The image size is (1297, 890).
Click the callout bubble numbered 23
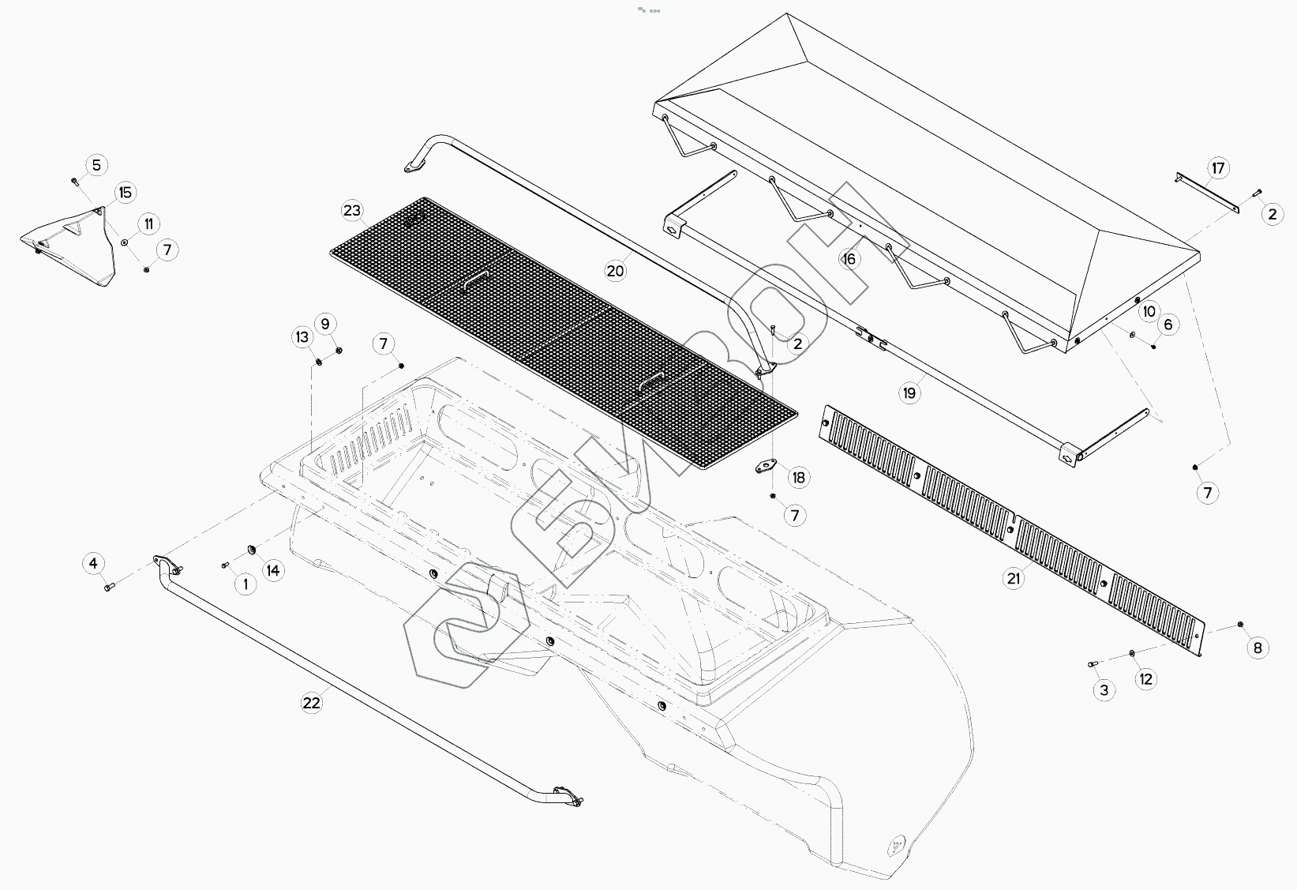coord(352,210)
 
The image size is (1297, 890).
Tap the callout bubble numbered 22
coord(312,702)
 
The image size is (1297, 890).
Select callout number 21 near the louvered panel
coord(1014,579)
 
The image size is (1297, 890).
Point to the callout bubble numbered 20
coord(616,271)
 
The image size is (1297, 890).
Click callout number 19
coord(911,392)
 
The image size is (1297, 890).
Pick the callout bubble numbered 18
coord(799,477)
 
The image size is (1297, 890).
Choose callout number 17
coord(1219,168)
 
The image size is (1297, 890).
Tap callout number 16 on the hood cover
coord(849,259)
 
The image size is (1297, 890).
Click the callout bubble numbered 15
coord(125,193)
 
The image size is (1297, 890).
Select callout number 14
coord(272,570)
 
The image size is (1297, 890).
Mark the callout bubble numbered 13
coord(303,337)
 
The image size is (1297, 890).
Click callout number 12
coord(1146,678)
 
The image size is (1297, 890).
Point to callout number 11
coord(148,223)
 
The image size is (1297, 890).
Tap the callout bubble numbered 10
coord(1149,311)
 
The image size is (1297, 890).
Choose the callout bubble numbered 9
coord(324,323)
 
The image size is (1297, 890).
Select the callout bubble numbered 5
coord(96,165)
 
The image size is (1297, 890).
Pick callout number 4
coord(93,563)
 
